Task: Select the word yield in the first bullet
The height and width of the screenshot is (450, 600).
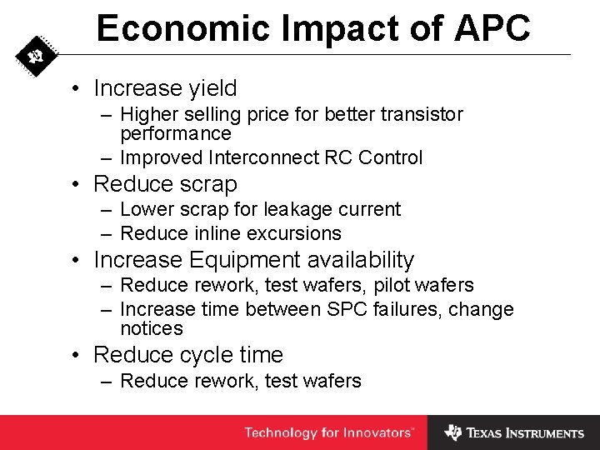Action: pyautogui.click(x=210, y=88)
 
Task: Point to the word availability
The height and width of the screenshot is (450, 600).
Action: pyautogui.click(x=360, y=260)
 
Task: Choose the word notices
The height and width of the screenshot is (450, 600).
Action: pyautogui.click(x=151, y=328)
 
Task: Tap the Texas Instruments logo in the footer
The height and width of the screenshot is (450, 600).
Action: pyautogui.click(x=514, y=432)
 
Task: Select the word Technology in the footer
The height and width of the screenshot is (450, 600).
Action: pyautogui.click(x=280, y=432)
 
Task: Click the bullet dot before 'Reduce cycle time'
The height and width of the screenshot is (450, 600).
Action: pyautogui.click(x=76, y=355)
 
